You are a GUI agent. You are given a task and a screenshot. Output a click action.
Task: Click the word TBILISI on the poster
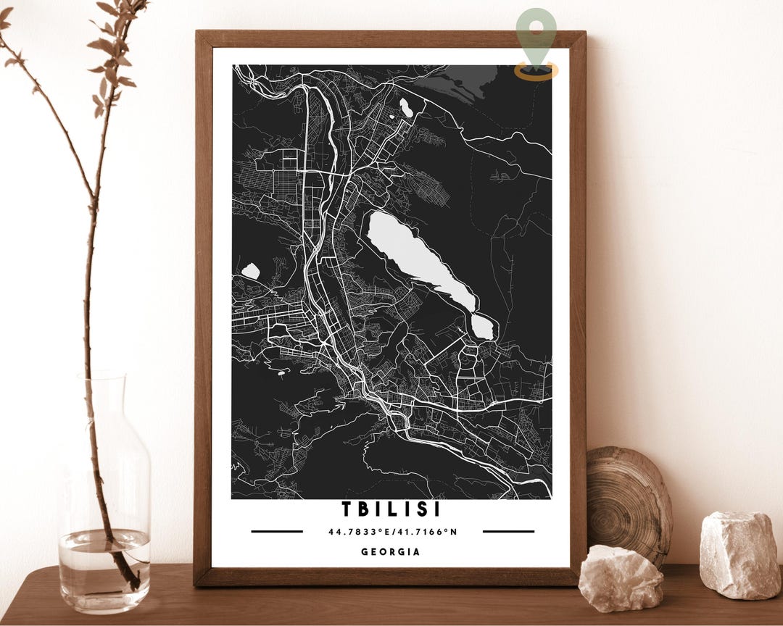click(x=391, y=509)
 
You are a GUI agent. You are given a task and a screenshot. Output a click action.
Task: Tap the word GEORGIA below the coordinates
click(x=391, y=552)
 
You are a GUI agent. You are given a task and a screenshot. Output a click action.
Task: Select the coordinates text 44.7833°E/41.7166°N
click(x=392, y=532)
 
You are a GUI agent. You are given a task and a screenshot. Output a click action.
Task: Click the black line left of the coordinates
click(x=277, y=531)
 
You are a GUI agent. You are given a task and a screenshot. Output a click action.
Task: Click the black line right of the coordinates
click(x=508, y=531)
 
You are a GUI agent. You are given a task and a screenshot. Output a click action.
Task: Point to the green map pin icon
click(x=536, y=35)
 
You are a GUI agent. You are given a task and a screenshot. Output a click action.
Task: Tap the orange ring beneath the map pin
click(x=536, y=72)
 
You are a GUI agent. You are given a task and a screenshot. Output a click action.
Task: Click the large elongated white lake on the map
click(x=417, y=257)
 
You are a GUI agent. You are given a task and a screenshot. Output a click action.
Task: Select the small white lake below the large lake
click(x=483, y=327)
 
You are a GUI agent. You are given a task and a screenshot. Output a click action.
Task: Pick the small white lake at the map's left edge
click(x=251, y=271)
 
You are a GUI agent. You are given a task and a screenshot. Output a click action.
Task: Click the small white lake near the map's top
click(x=406, y=108)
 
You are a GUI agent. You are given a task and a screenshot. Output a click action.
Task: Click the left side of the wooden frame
click(x=203, y=304)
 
